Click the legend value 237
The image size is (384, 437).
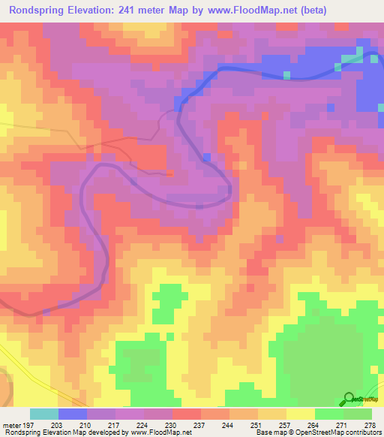tap(199, 424)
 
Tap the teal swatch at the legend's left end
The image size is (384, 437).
tap(44, 414)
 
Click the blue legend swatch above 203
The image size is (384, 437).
tap(73, 414)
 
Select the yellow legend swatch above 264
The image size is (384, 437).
tap(301, 414)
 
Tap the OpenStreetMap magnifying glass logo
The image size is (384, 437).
tap(349, 399)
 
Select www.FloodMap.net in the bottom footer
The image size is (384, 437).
tap(160, 432)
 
